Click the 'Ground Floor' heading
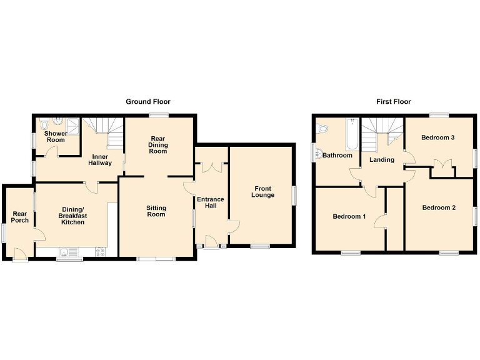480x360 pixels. point(148,101)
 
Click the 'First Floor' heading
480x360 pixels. point(393,101)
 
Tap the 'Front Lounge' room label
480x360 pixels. point(262,191)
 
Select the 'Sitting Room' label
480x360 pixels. point(156,211)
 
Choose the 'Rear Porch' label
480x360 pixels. point(19,216)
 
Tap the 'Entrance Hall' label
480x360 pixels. point(210,203)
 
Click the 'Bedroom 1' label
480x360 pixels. point(349,216)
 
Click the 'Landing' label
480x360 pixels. point(381,159)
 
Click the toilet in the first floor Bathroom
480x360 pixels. point(322,128)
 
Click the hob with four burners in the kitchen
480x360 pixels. point(99,252)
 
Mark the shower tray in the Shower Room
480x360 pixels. point(74,124)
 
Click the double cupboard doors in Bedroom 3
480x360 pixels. point(443,166)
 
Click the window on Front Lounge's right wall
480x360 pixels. point(293,195)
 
